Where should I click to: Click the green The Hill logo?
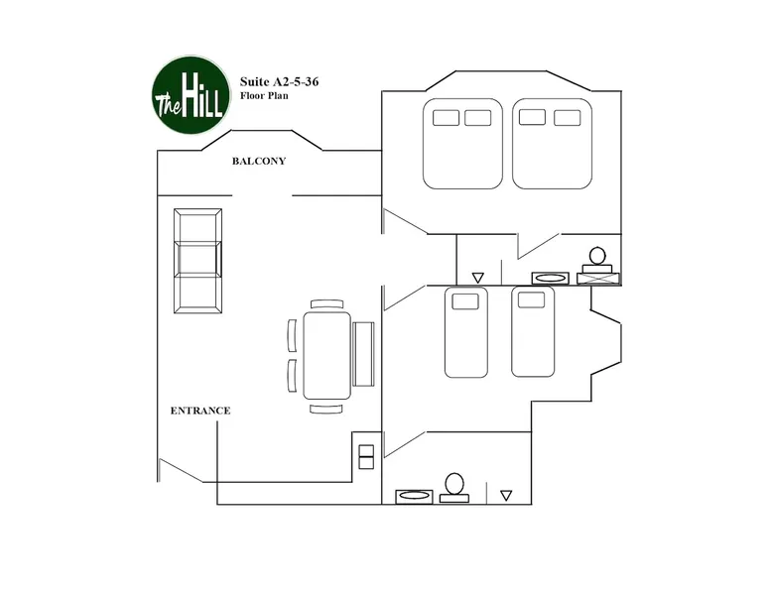pos(192,94)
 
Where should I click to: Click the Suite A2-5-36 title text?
pos(279,81)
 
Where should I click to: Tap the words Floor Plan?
pos(264,96)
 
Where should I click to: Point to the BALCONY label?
pos(259,161)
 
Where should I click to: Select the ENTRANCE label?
pos(200,411)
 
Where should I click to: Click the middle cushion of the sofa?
pos(197,259)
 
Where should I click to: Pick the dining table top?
pos(326,355)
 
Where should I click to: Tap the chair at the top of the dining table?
pos(326,304)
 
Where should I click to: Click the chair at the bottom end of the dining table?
pos(325,409)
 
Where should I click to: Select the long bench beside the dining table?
pos(363,354)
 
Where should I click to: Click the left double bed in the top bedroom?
pos(462,144)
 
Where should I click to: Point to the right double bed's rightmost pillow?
pos(568,118)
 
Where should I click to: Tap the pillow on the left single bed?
pos(465,301)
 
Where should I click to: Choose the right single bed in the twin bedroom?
pos(533,331)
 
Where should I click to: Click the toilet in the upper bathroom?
pos(597,261)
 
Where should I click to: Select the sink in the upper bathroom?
pos(551,278)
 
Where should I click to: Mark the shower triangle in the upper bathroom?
pos(477,278)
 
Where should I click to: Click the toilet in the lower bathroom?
pos(453,488)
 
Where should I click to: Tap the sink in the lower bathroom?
pos(415,497)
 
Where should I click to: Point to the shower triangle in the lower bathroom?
pos(506,496)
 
